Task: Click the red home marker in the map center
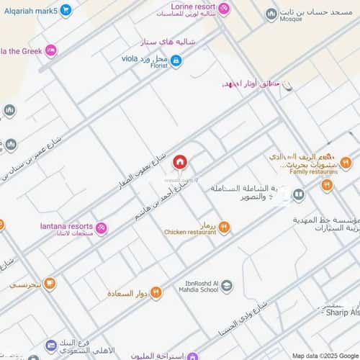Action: [x=180, y=161]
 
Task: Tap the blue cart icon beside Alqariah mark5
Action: [x=66, y=10]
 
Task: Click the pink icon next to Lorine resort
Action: [x=224, y=9]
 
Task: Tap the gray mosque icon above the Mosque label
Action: [x=271, y=14]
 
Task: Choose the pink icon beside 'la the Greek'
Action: [x=50, y=50]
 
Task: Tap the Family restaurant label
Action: [x=314, y=172]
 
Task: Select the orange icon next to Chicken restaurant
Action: [x=225, y=228]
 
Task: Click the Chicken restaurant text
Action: [x=190, y=233]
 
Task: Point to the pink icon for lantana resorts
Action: [x=102, y=229]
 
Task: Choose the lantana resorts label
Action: [x=66, y=226]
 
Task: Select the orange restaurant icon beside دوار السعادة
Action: [x=156, y=292]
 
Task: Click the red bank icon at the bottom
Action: [x=53, y=347]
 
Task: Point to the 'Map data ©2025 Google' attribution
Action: [x=325, y=356]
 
